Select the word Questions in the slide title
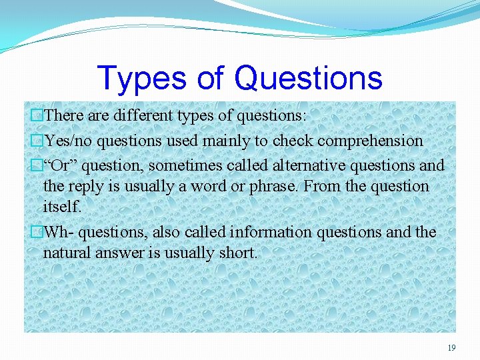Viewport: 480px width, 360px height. (x=309, y=78)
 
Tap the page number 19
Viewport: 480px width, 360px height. (x=451, y=347)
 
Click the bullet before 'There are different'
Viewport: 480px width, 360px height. (x=37, y=116)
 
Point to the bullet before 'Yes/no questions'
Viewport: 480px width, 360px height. (x=37, y=141)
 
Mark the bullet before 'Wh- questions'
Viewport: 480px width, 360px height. (x=37, y=233)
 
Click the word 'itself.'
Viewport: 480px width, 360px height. (x=62, y=207)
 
